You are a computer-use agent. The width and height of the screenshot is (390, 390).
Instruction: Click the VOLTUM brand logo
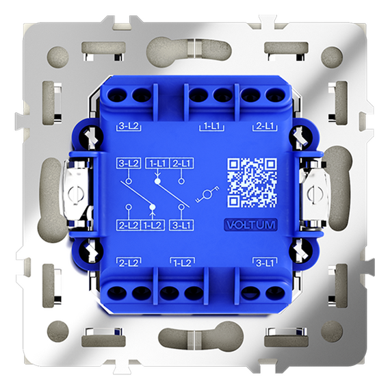251,225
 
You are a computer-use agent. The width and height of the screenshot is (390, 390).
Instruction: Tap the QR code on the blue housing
252,183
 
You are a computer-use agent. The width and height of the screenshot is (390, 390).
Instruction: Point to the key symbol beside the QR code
207,194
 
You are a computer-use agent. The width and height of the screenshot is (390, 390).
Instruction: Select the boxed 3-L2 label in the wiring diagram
129,164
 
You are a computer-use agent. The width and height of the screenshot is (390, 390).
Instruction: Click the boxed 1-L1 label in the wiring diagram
157,164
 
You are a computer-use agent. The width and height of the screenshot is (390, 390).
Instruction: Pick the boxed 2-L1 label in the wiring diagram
181,164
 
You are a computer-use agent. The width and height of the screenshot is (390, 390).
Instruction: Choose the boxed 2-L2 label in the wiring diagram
129,225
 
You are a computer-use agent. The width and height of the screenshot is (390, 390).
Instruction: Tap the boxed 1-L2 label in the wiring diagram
153,225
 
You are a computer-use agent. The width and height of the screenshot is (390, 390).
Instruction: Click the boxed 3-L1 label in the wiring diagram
181,225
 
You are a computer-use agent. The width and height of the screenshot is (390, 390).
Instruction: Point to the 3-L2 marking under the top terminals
129,126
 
